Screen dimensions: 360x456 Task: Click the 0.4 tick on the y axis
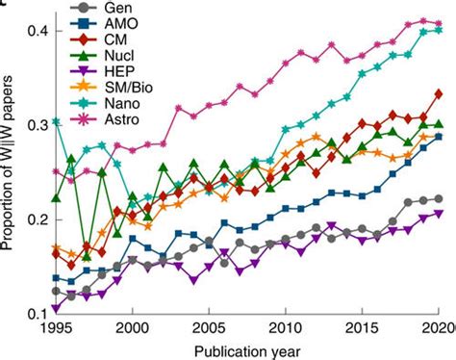tap(34, 32)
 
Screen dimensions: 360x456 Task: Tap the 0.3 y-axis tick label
tap(34, 125)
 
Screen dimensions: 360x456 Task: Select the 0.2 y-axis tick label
tap(34, 219)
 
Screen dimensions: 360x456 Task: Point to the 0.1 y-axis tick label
tap(34, 314)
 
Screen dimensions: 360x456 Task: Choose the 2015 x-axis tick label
tap(363, 327)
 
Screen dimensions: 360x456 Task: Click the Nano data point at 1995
tap(56, 121)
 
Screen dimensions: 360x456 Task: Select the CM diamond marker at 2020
tap(440, 94)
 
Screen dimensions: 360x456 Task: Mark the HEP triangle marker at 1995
tap(56, 308)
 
